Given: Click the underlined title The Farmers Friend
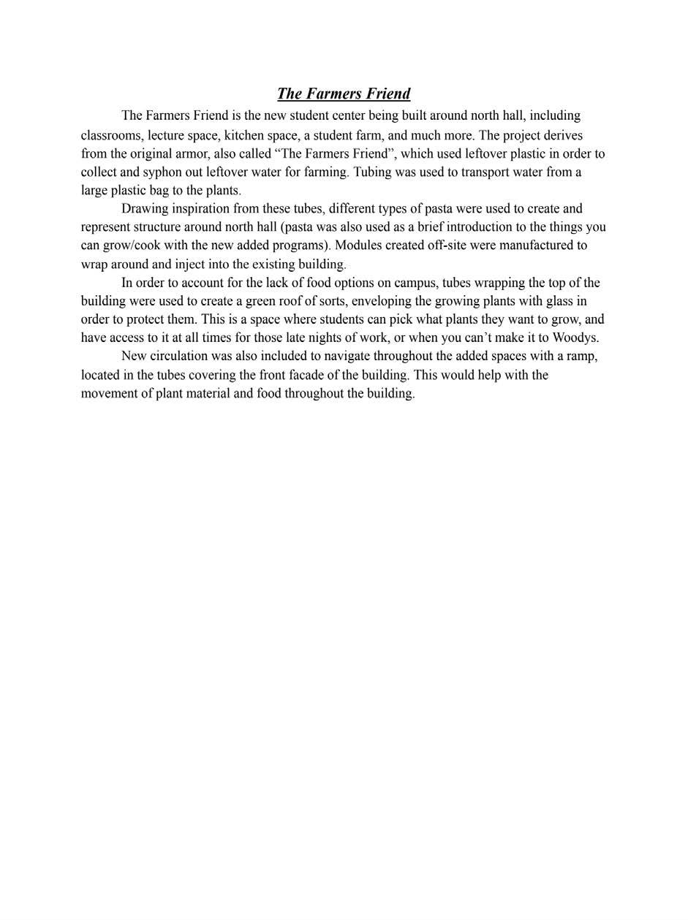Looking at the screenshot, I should [x=344, y=94].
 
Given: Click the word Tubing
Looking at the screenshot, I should [x=372, y=172].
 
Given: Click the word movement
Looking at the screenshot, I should [x=108, y=393].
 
